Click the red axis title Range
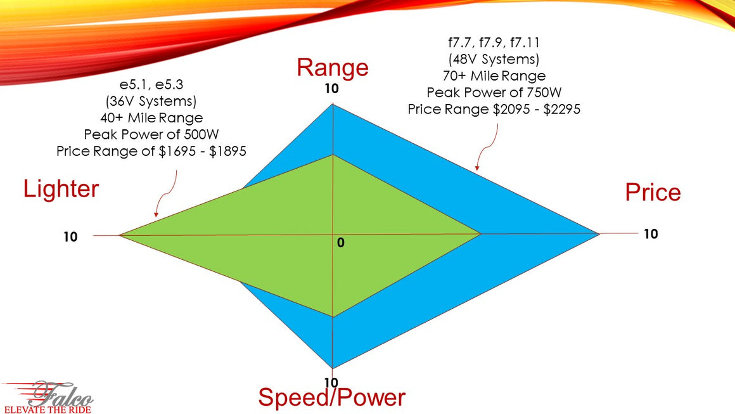coord(332,67)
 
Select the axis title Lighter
coord(61,188)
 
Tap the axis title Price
coord(653,192)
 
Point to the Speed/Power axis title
coord(331,398)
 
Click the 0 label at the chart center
coord(340,243)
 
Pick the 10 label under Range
coord(332,89)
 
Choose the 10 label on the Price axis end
coord(651,234)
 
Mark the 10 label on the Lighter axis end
coord(70,236)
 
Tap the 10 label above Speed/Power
coord(331,382)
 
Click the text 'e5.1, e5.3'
coord(151,84)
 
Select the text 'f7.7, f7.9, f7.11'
coord(494,43)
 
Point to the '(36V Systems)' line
coord(151,101)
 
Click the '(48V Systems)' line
coord(494,60)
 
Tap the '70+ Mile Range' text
coord(494,76)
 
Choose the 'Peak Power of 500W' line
coord(151,134)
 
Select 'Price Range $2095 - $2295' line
coord(494,109)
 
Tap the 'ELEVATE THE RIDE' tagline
coord(48,409)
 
